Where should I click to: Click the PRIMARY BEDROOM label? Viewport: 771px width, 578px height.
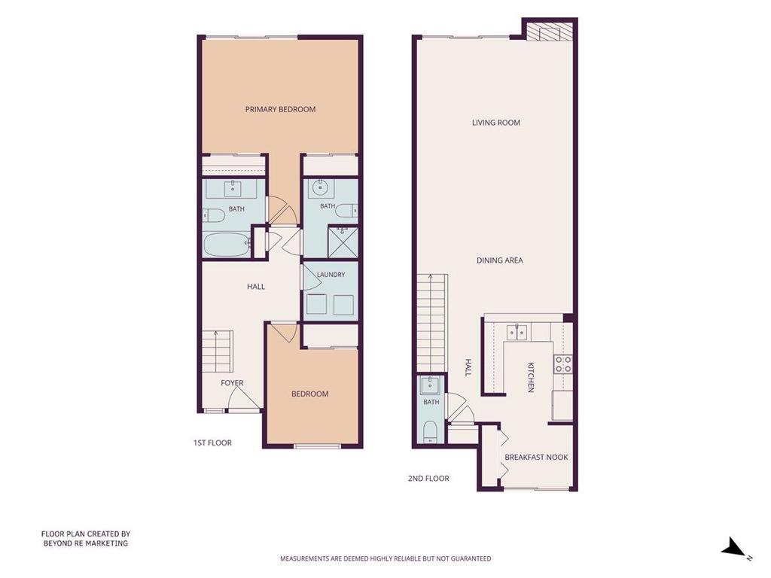point(280,109)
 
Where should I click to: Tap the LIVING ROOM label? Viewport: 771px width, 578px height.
point(495,123)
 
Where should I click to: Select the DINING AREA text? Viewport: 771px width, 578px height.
point(500,260)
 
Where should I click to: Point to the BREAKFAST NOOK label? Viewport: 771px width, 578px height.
point(536,457)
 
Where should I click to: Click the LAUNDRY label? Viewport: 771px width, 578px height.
point(331,274)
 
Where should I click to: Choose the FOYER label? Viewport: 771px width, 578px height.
point(232,382)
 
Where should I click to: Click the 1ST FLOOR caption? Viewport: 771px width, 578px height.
point(212,443)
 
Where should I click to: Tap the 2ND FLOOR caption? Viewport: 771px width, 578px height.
point(428,478)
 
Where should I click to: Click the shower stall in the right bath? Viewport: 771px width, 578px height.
point(343,242)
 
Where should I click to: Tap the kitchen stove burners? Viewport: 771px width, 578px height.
point(563,364)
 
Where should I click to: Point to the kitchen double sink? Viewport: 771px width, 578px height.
point(517,332)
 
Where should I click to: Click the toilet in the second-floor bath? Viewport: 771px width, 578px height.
point(431,431)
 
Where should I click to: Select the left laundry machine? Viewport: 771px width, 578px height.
point(316,305)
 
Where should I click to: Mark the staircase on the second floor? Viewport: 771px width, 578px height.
point(432,323)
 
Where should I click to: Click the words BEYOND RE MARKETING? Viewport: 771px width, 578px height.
point(86,543)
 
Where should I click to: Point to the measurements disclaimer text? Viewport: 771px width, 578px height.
point(385,558)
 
